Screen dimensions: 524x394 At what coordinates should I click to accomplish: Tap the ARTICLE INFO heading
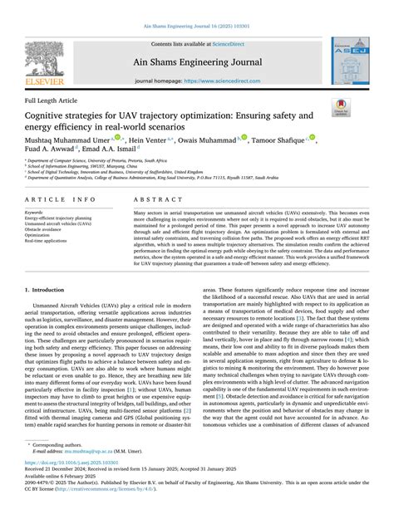(x=59, y=200)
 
